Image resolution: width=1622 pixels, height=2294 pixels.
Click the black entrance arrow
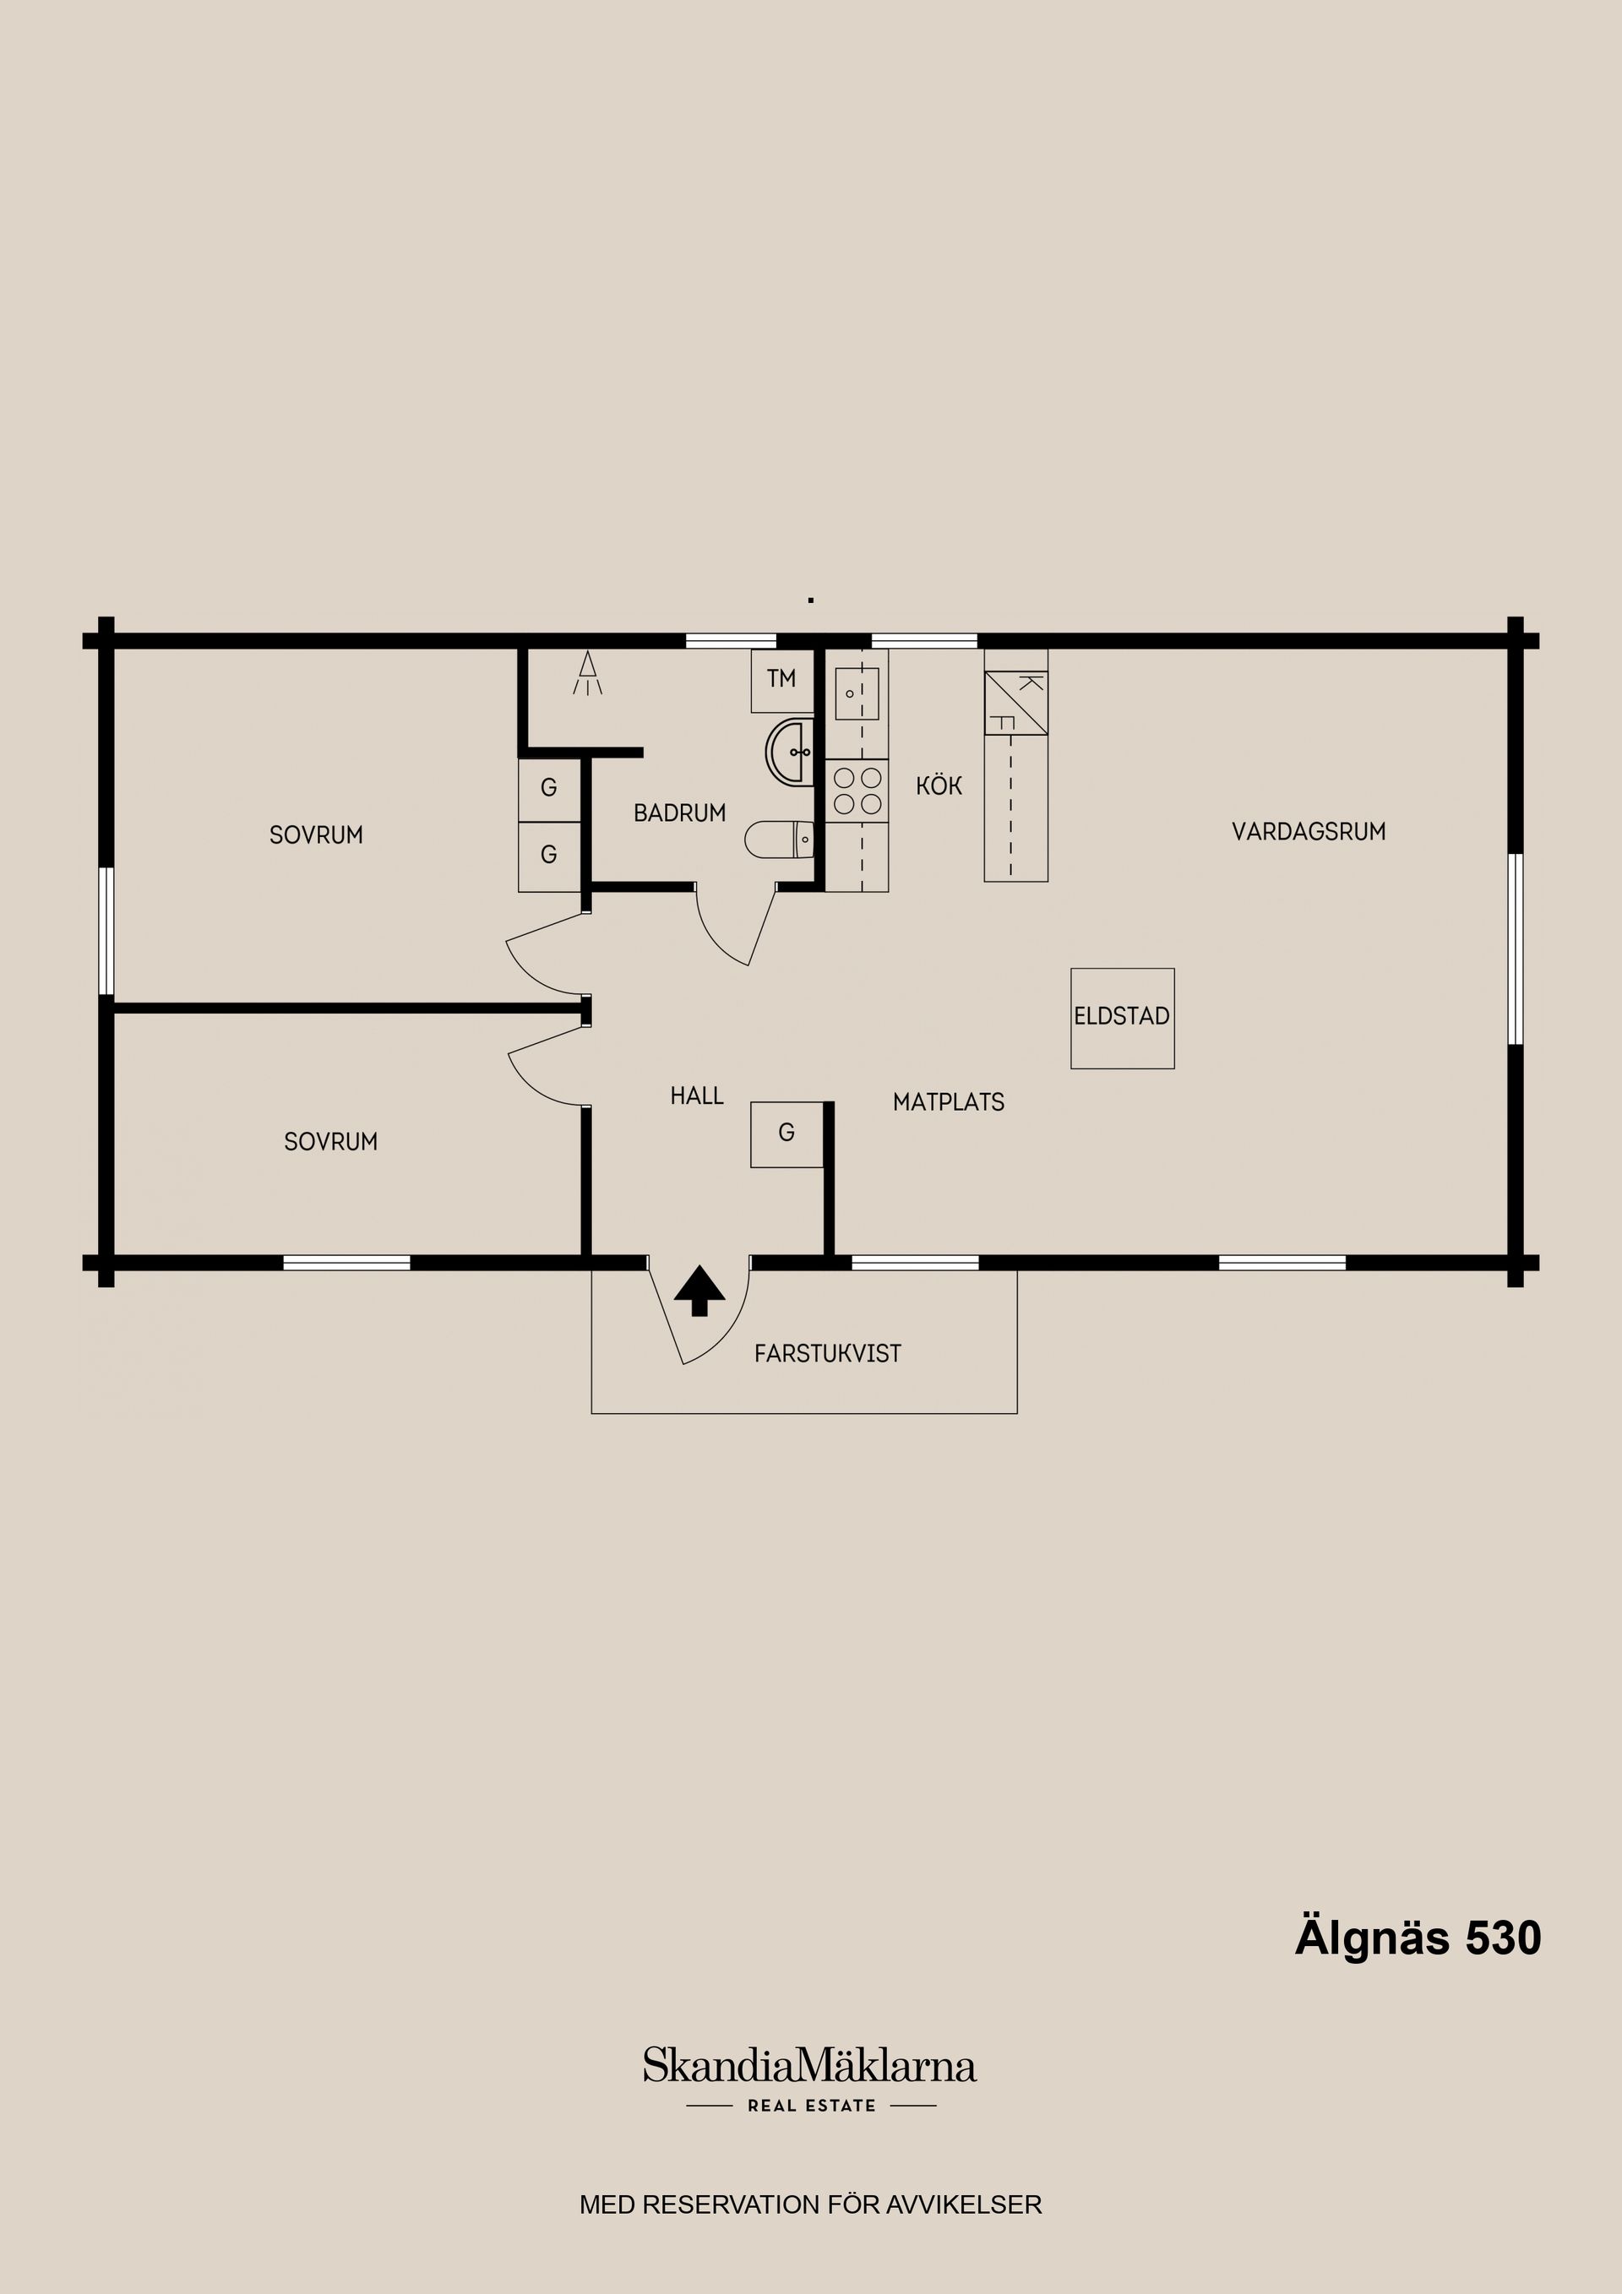(699, 1290)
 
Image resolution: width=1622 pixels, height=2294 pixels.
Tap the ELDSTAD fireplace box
(1123, 1018)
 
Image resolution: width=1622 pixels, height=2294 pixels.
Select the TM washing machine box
(782, 681)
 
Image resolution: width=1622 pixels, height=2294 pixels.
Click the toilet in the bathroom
(780, 840)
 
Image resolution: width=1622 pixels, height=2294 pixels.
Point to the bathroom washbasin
(791, 753)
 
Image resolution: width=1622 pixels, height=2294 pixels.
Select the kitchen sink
(857, 693)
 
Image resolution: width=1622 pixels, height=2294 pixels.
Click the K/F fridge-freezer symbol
(1016, 703)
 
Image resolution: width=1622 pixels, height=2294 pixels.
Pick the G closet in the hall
(787, 1134)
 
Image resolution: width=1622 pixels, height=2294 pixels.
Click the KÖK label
(939, 786)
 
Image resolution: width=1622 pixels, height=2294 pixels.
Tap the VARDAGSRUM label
(1309, 831)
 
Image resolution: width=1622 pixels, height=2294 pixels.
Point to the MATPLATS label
(949, 1102)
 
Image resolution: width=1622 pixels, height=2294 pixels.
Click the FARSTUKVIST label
(828, 1354)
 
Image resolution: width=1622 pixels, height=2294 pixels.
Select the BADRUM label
(679, 813)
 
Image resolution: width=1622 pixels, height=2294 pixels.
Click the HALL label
(697, 1096)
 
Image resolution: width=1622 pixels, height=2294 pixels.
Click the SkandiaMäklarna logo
(809, 2065)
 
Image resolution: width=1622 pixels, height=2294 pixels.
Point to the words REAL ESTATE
(812, 2105)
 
